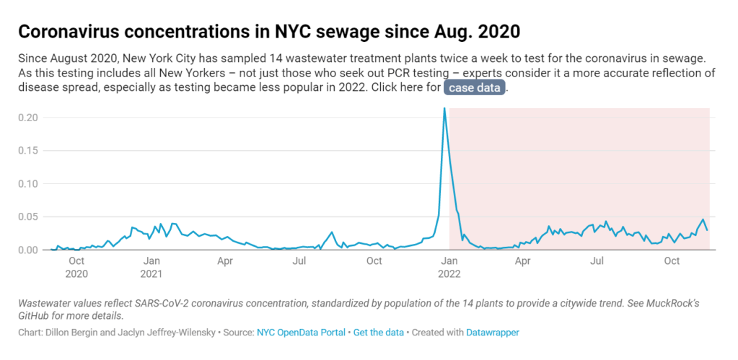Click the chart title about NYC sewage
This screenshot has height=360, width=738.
tap(268, 32)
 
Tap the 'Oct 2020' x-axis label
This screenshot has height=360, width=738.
tap(76, 267)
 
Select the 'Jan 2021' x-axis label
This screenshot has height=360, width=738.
tap(151, 267)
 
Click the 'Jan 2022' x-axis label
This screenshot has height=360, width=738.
tap(449, 267)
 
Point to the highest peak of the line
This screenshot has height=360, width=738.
tap(444, 109)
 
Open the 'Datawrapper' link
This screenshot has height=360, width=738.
tap(492, 333)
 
